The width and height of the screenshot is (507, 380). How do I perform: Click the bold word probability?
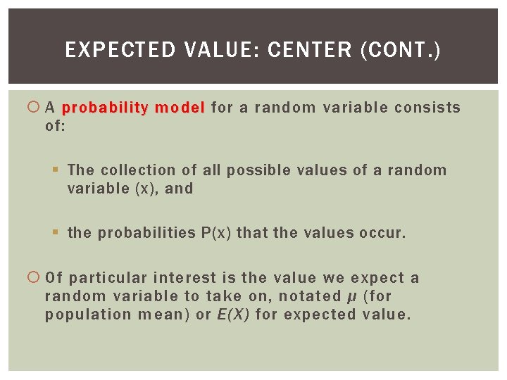coord(105,108)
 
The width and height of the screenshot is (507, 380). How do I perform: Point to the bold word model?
coord(180,108)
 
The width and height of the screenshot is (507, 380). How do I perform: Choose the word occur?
coord(384,234)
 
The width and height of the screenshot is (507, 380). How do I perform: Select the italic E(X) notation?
coord(232,315)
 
